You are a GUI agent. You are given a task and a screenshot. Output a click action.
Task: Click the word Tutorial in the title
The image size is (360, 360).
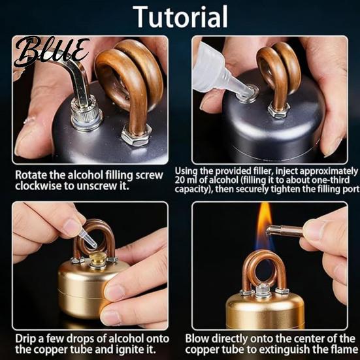click(180, 16)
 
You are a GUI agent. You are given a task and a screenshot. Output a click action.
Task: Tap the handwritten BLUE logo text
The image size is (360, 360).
click(51, 51)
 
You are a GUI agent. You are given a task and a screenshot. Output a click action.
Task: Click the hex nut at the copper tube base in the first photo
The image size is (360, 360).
click(136, 135)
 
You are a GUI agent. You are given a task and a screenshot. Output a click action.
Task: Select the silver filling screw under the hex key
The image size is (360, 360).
click(86, 115)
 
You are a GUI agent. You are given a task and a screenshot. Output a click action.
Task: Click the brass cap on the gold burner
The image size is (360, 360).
click(98, 259)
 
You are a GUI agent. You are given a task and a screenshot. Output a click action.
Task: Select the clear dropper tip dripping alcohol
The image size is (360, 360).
click(88, 239)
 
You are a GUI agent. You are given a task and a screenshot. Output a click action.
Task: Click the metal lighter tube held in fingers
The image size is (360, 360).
click(285, 231)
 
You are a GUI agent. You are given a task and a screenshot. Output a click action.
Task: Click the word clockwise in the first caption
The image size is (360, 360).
click(38, 186)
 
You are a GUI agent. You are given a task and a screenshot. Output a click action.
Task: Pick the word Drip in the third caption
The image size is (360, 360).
click(24, 339)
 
